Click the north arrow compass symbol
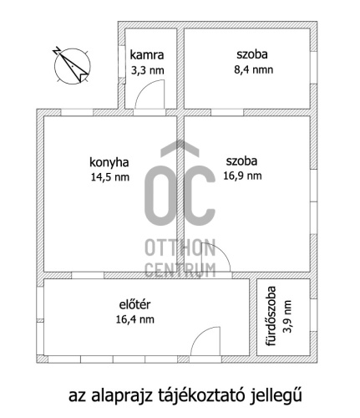(72, 66)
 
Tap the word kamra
(147, 55)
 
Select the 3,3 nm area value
(148, 70)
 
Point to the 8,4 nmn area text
(253, 69)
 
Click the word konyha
(109, 162)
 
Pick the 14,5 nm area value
(110, 177)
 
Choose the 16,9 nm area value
(242, 176)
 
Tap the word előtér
(134, 304)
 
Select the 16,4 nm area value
(135, 319)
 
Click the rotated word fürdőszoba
(271, 316)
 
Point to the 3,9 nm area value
(287, 317)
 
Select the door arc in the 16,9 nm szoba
(222, 250)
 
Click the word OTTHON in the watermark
(180, 247)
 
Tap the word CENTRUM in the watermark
(180, 270)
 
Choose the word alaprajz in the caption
(122, 396)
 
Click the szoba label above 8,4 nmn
(252, 54)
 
